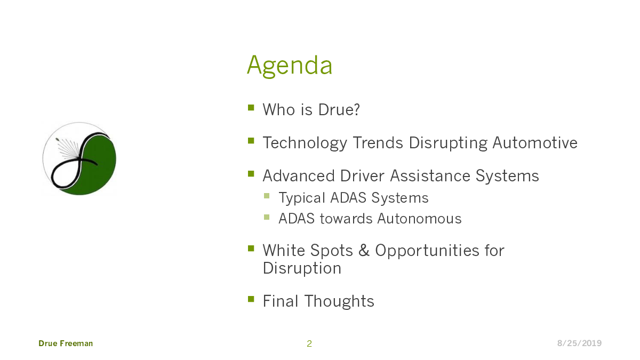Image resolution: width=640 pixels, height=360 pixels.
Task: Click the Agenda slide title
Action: click(290, 66)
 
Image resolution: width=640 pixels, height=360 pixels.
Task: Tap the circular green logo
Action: click(79, 159)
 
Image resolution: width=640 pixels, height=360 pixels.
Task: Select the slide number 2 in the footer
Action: click(309, 343)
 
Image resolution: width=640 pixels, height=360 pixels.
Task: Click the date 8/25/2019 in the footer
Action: click(579, 343)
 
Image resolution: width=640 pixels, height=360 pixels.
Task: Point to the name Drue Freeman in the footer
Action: click(66, 343)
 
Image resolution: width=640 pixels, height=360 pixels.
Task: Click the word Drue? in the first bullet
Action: click(339, 109)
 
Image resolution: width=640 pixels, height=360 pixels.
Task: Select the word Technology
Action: click(305, 143)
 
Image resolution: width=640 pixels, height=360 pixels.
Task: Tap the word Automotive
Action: click(535, 142)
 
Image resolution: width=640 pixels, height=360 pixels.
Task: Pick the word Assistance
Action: click(430, 175)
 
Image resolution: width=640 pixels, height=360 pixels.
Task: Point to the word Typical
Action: click(302, 198)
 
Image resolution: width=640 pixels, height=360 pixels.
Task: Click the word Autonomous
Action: click(419, 219)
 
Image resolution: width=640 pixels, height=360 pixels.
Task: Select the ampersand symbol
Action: click(364, 250)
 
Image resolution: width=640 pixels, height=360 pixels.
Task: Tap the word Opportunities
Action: click(427, 251)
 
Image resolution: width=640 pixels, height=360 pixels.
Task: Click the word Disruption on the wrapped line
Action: click(302, 269)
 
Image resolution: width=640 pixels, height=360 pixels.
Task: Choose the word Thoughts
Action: click(339, 301)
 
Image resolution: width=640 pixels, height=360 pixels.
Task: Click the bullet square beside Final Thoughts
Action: click(251, 299)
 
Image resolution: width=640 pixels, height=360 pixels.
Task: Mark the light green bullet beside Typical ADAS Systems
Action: click(267, 196)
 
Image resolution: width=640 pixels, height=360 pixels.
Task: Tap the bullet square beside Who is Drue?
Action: click(251, 107)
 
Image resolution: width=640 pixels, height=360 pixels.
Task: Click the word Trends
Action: click(378, 142)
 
